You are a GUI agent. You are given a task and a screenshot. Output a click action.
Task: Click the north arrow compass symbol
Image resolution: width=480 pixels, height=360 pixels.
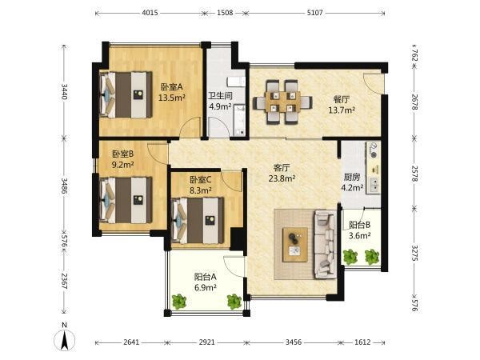[x=64, y=340]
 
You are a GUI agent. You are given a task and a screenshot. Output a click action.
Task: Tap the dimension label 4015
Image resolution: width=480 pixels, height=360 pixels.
[x=150, y=13]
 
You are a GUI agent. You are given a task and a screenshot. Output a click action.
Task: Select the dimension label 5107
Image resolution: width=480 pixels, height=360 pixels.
[x=315, y=13]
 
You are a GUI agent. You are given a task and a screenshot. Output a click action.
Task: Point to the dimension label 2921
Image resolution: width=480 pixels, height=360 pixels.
[x=207, y=342]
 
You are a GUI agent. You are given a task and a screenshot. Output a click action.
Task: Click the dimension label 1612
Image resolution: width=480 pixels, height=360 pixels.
[x=362, y=342]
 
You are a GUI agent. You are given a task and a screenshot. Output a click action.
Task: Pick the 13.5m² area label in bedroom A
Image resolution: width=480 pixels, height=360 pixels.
[x=172, y=98]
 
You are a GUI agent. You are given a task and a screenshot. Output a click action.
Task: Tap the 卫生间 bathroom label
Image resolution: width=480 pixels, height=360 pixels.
[x=220, y=96]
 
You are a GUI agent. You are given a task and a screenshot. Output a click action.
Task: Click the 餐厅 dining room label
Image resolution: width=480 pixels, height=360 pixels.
[x=342, y=99]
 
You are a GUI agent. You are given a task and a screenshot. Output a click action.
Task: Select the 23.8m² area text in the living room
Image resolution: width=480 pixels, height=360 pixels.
[x=282, y=178]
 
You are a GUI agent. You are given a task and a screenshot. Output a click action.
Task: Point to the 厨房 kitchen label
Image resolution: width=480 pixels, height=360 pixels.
[x=352, y=177]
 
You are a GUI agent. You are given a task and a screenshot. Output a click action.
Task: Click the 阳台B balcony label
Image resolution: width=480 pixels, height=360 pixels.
[x=360, y=225]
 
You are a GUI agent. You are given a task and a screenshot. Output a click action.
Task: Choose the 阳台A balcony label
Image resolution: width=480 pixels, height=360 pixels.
[x=206, y=277]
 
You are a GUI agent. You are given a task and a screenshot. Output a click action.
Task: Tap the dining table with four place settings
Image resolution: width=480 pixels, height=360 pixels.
[x=283, y=102]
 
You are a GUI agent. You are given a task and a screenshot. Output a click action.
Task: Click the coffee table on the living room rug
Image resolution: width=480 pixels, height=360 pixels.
[x=295, y=245]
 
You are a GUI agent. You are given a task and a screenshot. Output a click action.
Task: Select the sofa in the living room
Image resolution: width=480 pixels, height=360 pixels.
[x=326, y=244]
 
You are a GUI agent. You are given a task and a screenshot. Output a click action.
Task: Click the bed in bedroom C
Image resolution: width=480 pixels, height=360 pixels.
[x=198, y=221]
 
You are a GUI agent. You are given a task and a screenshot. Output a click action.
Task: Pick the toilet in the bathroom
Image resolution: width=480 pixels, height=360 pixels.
[x=236, y=82]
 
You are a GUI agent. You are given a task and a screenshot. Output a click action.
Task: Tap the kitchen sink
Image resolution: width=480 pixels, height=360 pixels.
[x=374, y=186]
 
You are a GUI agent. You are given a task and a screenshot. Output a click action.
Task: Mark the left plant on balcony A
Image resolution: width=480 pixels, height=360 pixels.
[x=178, y=302]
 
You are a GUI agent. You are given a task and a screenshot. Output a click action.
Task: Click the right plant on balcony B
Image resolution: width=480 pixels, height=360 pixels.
[x=372, y=257]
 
